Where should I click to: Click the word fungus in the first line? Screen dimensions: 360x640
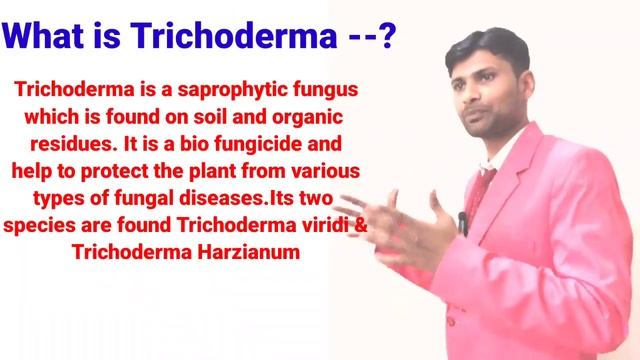pyautogui.click(x=324, y=88)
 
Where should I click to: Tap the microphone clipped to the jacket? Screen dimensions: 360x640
pyautogui.click(x=462, y=221)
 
